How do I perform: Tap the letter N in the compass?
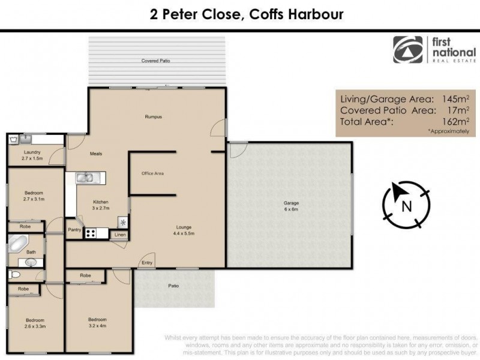(406, 208)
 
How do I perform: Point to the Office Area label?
(152, 173)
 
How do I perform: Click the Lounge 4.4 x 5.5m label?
(184, 230)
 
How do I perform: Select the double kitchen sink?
(85, 177)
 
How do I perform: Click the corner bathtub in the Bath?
(17, 245)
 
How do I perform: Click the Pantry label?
(75, 229)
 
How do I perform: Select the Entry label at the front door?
(146, 262)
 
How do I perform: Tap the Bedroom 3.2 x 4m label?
(97, 322)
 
